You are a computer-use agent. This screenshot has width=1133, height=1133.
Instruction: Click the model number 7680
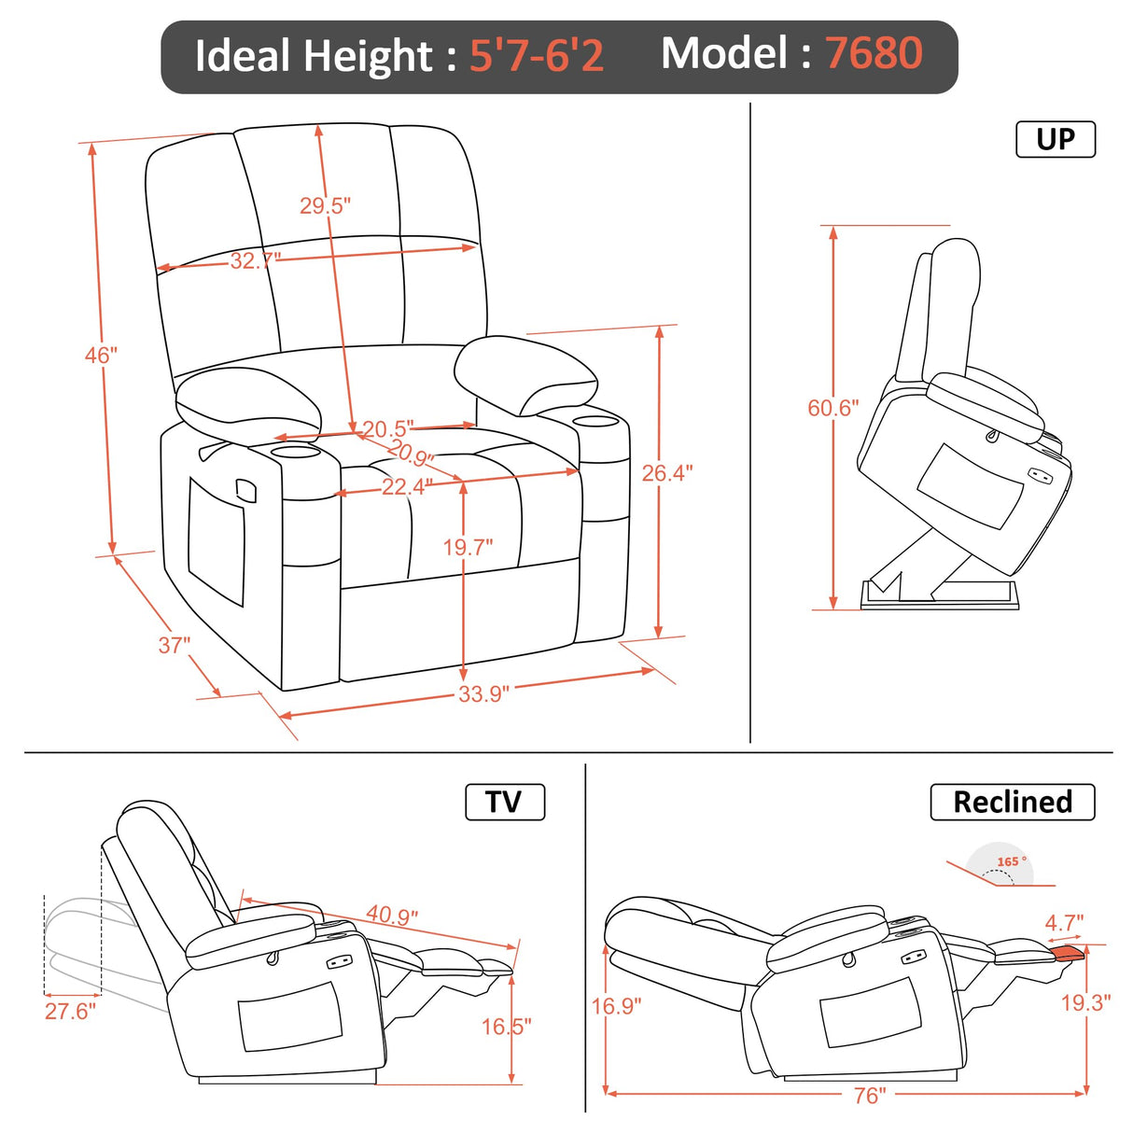point(874,53)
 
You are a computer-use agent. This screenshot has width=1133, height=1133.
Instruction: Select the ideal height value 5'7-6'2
point(536,55)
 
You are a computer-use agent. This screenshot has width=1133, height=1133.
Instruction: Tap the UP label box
point(1055,139)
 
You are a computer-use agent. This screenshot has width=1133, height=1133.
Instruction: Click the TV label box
point(504,802)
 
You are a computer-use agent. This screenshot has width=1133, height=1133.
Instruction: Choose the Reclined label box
point(1012,802)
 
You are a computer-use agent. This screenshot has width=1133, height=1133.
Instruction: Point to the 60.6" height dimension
point(832,408)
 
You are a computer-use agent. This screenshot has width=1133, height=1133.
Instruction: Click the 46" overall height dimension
point(101,356)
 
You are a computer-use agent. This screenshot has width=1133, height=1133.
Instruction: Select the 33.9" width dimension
point(483,694)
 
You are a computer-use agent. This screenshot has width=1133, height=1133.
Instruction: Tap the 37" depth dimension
point(174,645)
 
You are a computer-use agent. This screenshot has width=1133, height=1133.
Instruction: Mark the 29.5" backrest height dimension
point(325,205)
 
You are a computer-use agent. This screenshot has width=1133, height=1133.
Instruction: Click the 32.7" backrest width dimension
point(255,260)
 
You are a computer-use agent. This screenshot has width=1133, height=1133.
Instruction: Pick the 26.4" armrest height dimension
point(666,473)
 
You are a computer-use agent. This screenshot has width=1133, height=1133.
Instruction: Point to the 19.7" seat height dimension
point(468,547)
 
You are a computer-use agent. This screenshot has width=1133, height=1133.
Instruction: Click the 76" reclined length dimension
point(870,1095)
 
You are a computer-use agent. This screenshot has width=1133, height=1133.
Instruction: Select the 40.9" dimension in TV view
point(392,915)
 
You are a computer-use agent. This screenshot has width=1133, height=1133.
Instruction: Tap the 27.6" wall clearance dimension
point(70,1011)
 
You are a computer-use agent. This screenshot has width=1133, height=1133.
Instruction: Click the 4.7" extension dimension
point(1064,923)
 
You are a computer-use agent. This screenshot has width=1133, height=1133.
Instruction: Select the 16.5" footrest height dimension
point(506,1027)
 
